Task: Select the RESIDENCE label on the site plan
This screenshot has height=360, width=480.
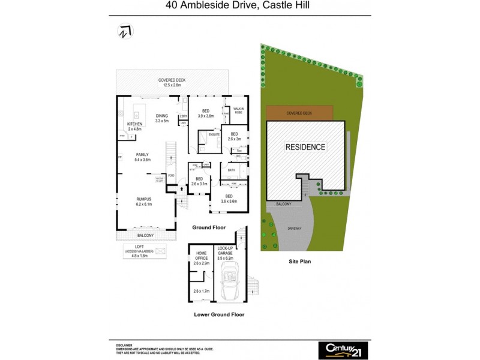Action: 305,147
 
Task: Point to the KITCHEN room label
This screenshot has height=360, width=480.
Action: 134,124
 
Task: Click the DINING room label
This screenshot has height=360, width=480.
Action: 162,116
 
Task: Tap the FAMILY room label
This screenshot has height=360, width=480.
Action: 142,154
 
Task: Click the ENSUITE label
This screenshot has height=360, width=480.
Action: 214,134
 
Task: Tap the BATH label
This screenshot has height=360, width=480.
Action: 232,170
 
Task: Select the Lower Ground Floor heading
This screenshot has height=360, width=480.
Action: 219,314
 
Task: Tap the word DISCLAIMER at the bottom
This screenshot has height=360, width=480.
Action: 125,346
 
